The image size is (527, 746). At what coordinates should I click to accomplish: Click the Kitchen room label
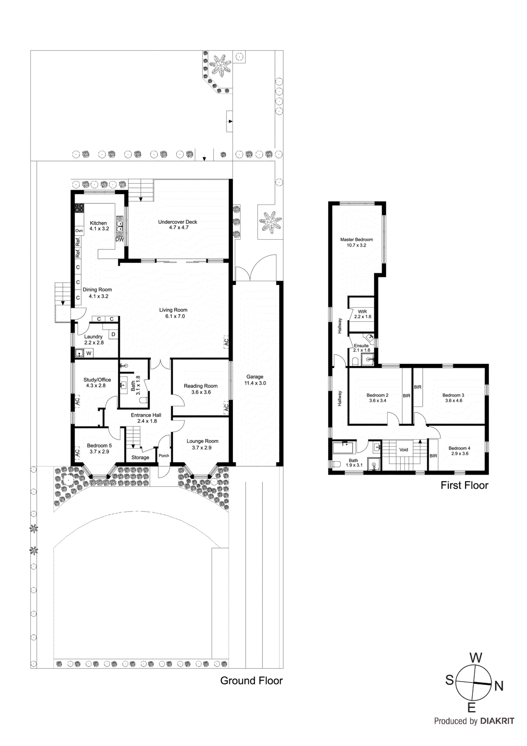point(98,223)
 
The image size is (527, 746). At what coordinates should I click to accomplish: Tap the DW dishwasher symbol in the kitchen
point(120,239)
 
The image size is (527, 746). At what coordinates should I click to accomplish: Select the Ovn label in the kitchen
point(79,231)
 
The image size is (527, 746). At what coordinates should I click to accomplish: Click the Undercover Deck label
point(178,222)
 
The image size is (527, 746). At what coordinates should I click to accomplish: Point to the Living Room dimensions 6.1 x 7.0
point(175,316)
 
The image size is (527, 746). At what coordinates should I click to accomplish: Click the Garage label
point(255,377)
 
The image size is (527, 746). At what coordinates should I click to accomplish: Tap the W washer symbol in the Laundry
point(89,353)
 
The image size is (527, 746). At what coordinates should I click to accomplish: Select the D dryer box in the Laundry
point(113,334)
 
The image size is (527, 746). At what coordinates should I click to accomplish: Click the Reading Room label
point(200,386)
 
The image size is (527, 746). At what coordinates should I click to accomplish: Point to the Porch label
point(164,456)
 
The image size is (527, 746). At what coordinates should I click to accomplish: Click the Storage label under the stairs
point(140,457)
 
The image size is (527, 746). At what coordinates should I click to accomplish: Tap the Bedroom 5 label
point(99,445)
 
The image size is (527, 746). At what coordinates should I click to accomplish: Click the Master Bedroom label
point(356,239)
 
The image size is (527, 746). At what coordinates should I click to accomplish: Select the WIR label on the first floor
point(362,311)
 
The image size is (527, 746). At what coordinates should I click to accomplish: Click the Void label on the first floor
point(404,449)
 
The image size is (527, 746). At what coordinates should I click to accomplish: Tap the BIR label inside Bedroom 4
point(433,456)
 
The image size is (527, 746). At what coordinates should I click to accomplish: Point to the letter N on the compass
point(499,686)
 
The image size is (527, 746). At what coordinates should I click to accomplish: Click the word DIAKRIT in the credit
point(497,721)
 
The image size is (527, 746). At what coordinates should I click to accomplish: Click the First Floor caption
point(464,485)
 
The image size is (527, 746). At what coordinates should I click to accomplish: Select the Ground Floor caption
point(251,680)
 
